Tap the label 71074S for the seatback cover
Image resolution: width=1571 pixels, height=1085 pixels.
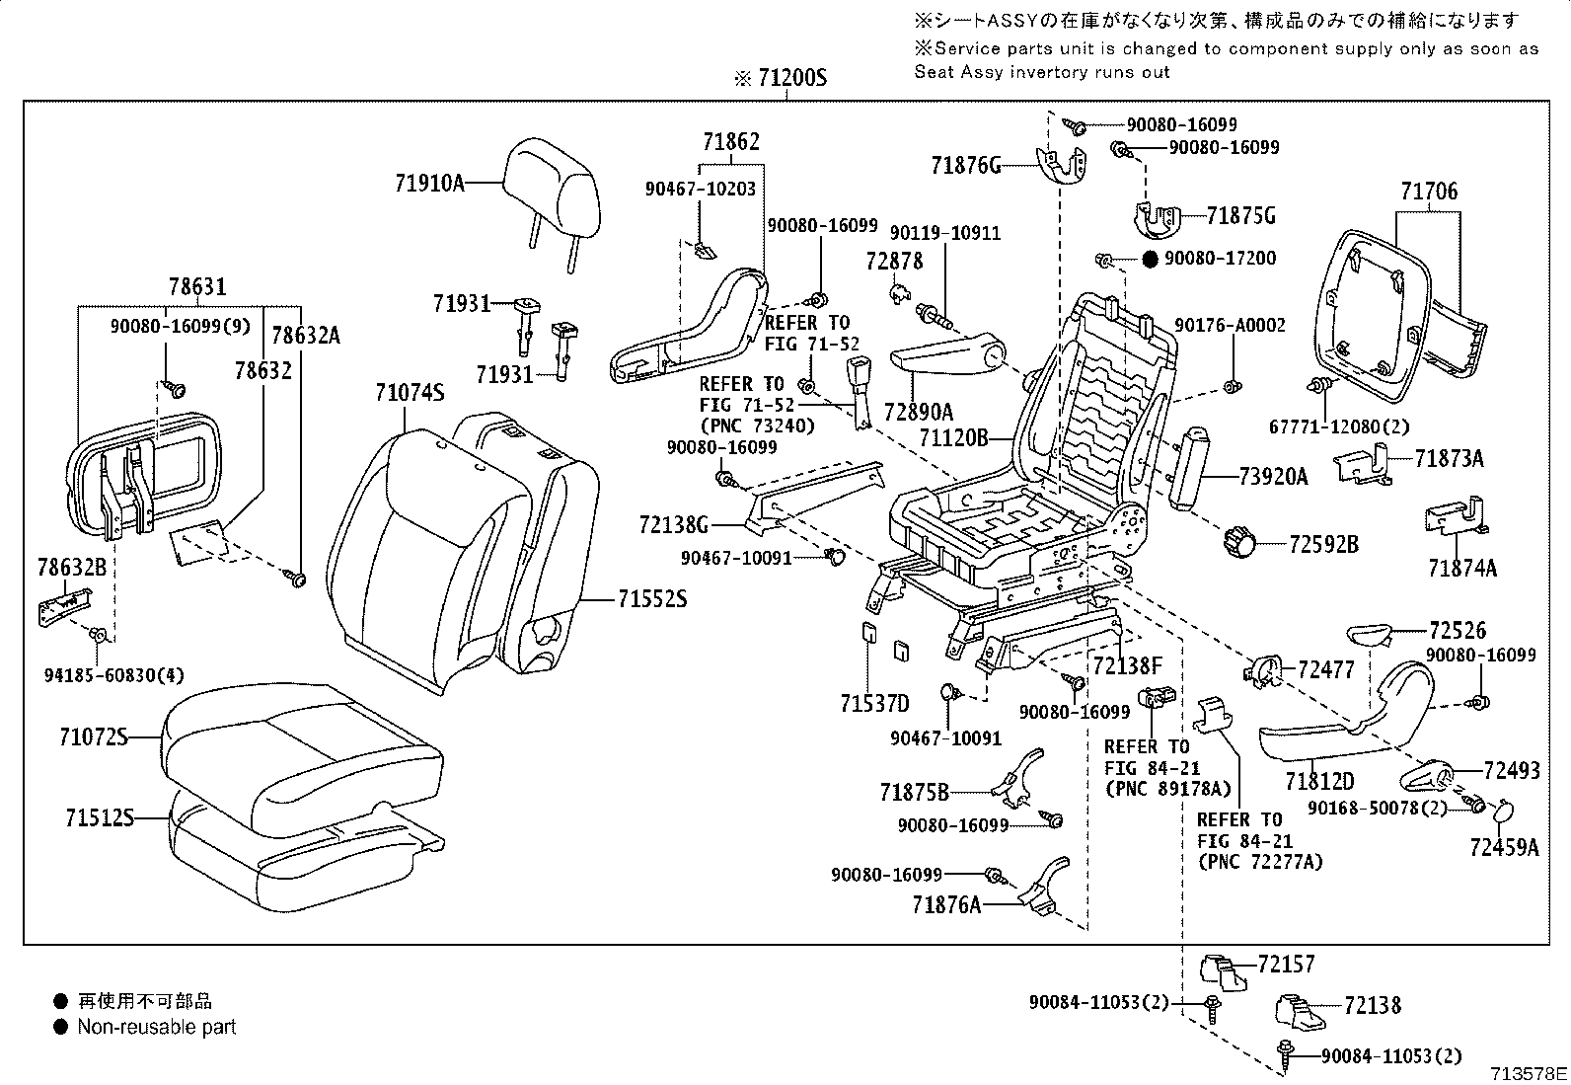(410, 392)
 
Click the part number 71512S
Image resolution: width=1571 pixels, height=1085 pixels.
(99, 817)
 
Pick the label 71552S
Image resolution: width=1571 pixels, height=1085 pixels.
(652, 598)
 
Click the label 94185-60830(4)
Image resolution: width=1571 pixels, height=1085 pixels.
(114, 675)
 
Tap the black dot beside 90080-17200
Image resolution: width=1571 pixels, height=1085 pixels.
(1150, 260)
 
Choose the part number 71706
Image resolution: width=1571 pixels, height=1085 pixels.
(1428, 192)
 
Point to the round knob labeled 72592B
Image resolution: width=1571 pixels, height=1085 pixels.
(1237, 541)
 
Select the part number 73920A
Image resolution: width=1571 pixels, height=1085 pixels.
(1273, 477)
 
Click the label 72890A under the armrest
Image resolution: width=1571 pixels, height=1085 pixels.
(918, 412)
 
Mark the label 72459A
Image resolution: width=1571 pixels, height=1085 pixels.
(1503, 846)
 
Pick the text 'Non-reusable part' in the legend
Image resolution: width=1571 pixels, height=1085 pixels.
(157, 1027)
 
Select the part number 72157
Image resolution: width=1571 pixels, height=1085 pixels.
(1287, 964)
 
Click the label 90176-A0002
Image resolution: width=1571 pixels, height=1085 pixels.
(1230, 325)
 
